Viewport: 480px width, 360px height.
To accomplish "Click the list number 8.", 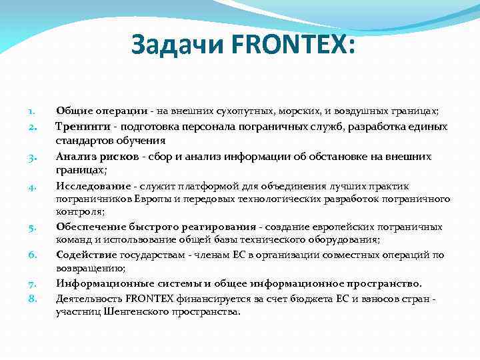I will [31, 299].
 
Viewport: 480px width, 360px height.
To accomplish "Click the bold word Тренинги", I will [81, 126].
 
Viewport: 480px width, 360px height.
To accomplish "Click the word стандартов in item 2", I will [82, 141].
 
